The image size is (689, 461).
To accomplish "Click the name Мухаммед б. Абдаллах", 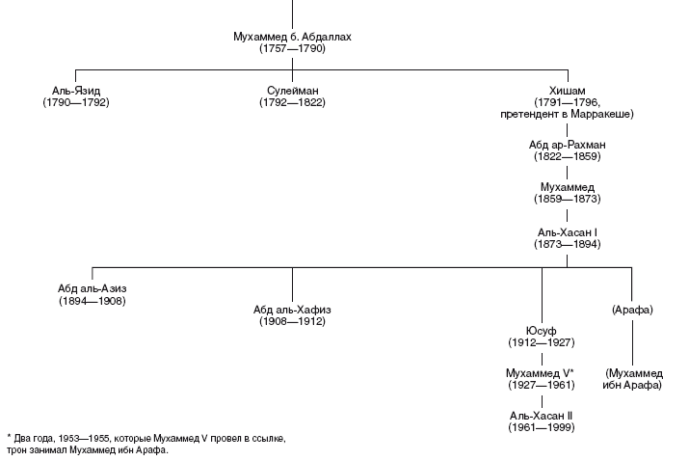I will (x=292, y=36).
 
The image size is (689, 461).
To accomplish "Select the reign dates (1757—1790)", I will (x=292, y=48).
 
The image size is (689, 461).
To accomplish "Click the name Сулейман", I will (x=292, y=90).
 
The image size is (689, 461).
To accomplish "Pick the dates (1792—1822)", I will (x=292, y=102).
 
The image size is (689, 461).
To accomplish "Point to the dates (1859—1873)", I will (x=567, y=199).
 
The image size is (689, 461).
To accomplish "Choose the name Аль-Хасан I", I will (x=567, y=232).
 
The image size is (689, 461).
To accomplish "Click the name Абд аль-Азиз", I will (x=93, y=288).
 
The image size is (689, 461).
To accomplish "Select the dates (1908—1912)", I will (x=292, y=321).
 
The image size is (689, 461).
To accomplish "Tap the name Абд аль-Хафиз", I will (x=292, y=309).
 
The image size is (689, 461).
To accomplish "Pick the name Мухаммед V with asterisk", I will (x=541, y=372).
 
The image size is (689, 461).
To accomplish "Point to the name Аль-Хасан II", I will (x=542, y=415).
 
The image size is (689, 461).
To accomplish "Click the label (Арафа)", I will (x=632, y=309).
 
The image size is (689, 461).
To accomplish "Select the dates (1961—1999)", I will (x=542, y=427).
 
